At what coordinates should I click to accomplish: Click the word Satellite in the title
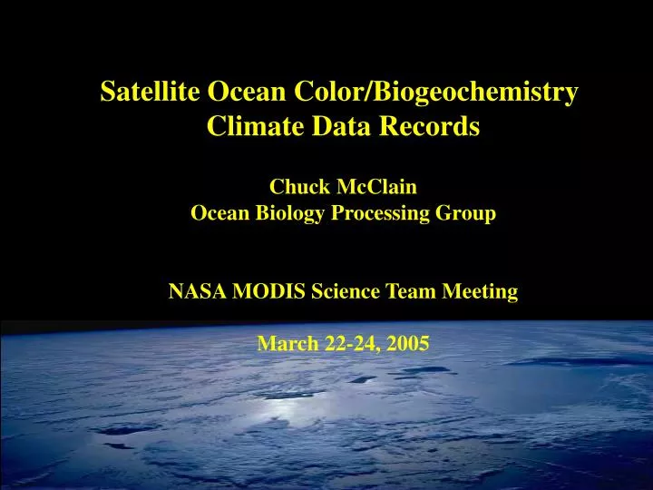[x=151, y=92]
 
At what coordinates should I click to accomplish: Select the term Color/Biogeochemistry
[x=436, y=93]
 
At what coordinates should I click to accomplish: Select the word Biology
[x=279, y=214]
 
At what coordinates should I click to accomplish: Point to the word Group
[x=464, y=214]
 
